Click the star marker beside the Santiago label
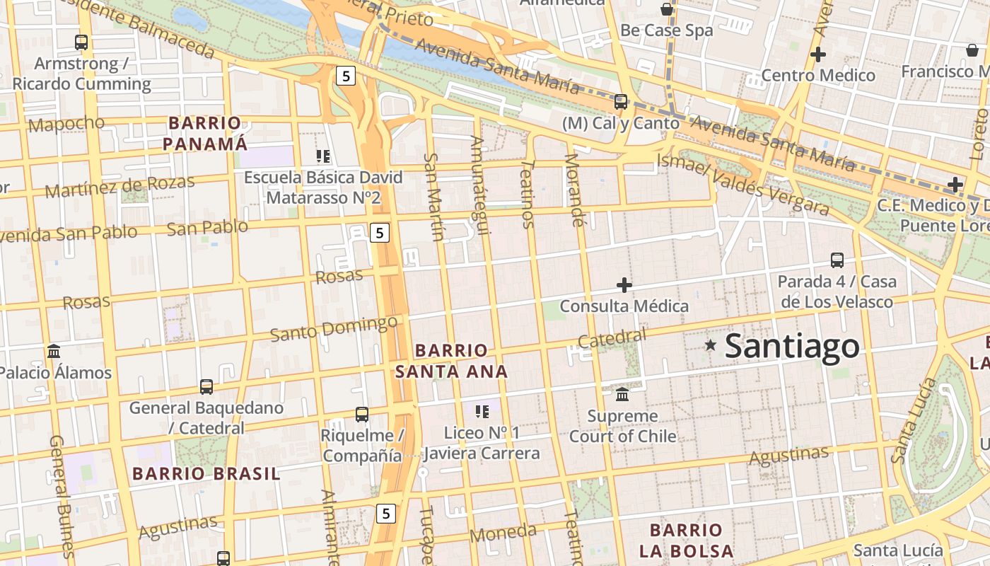[x=711, y=345]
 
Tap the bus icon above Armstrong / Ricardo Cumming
[x=81, y=42]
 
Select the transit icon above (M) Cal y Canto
[x=621, y=102]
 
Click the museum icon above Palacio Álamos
[x=54, y=351]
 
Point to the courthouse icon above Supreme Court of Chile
[x=622, y=394]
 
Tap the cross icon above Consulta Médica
[x=624, y=285]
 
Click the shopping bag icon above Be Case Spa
[x=666, y=9]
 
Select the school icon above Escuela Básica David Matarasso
[x=323, y=156]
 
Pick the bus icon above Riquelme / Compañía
[x=362, y=414]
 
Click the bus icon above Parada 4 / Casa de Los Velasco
[x=837, y=260]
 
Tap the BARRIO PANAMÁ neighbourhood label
[x=205, y=134]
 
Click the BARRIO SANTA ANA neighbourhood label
[x=451, y=361]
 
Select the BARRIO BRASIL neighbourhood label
[x=206, y=473]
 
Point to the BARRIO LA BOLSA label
[x=686, y=541]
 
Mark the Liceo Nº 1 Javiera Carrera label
[x=482, y=443]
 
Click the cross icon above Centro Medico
[x=818, y=54]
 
